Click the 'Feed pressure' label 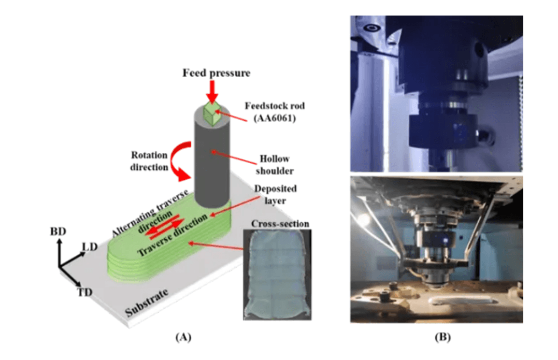click(x=216, y=73)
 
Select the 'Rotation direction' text click(x=149, y=161)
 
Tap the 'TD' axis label click(x=84, y=293)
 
